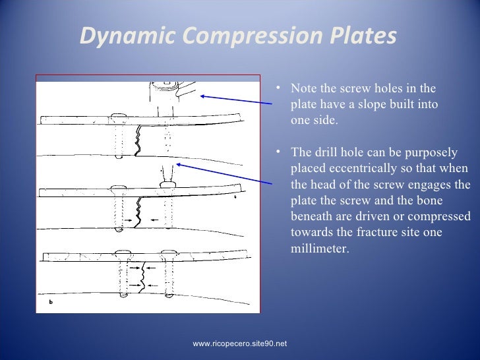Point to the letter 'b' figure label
point(51,303)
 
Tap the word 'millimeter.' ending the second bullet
point(318,249)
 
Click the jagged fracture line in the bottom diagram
point(142,275)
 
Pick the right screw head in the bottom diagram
point(168,252)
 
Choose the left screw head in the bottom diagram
point(123,253)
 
